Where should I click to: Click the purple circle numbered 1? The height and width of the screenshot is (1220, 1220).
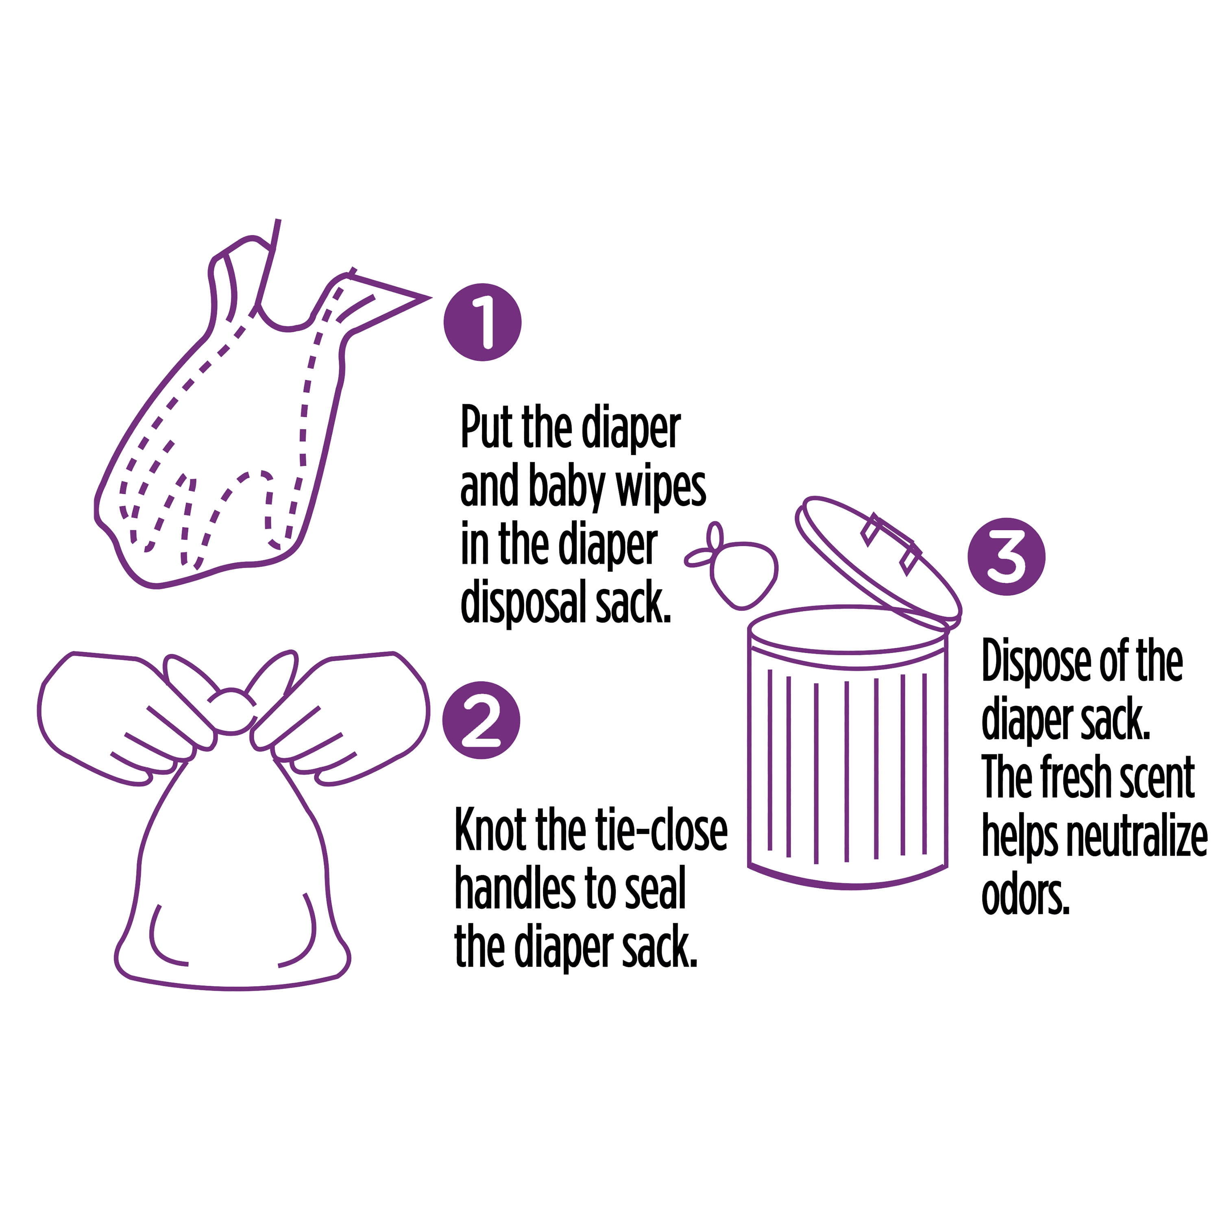point(483,322)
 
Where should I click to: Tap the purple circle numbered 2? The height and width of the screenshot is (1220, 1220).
point(481,720)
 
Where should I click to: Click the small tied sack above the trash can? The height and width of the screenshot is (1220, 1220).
point(732,565)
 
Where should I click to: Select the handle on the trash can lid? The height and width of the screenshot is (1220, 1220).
point(890,542)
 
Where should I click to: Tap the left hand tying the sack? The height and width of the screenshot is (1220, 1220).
point(126,717)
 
